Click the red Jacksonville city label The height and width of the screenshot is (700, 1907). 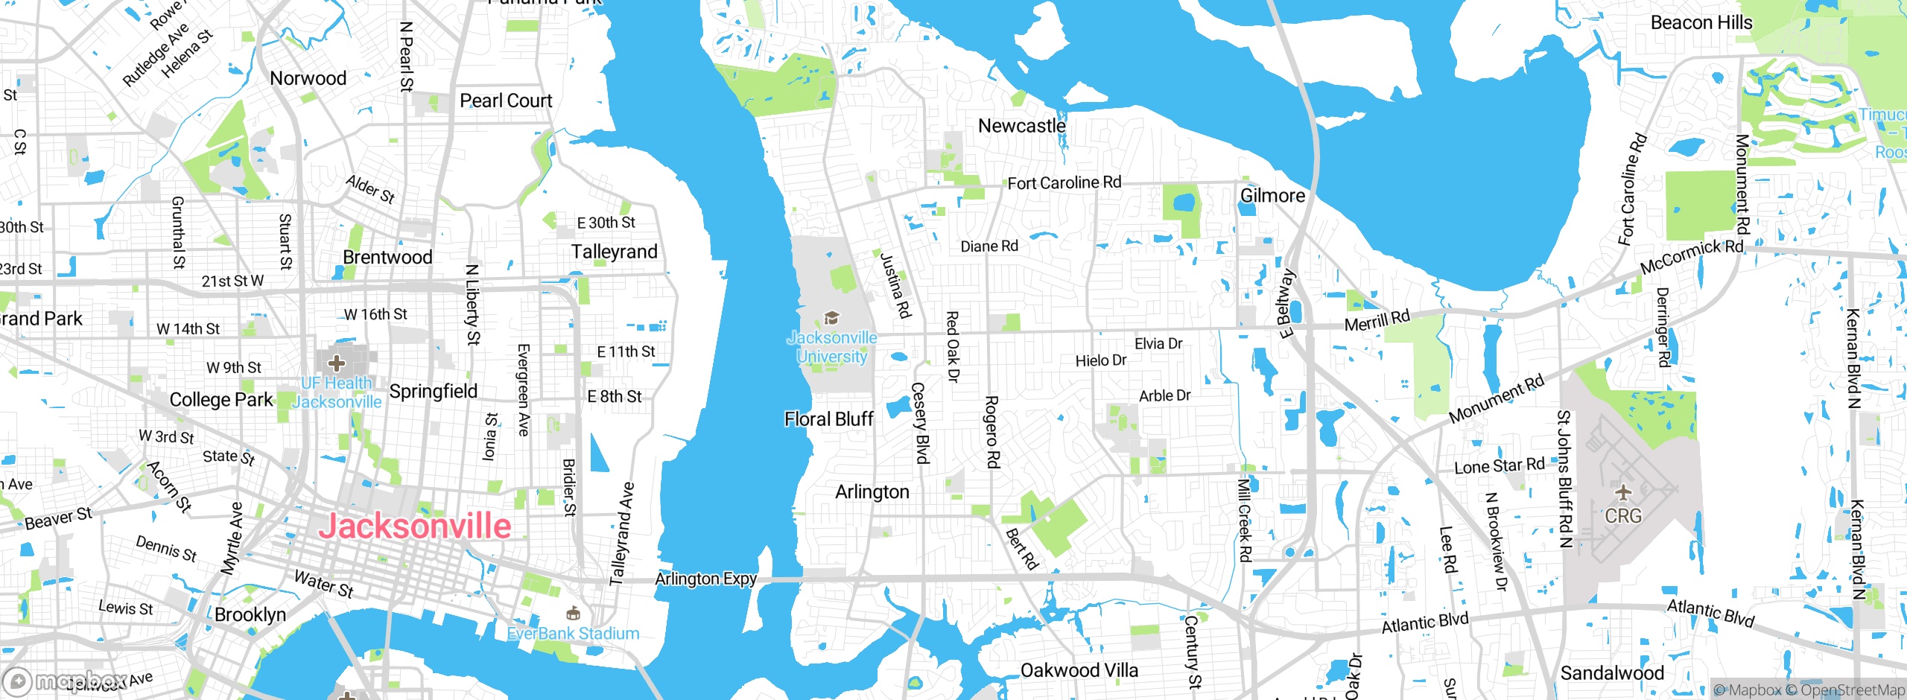tap(415, 526)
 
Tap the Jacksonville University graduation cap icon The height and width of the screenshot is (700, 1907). tap(831, 319)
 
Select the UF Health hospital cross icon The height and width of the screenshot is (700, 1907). tap(337, 363)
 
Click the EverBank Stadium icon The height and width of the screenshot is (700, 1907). tap(573, 614)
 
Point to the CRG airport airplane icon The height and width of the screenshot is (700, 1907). tap(1623, 492)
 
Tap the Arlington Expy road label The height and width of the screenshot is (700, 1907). tap(705, 579)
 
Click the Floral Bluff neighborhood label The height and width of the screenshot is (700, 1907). tap(828, 419)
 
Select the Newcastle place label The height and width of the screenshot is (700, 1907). tap(1021, 126)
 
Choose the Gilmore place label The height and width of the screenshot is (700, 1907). tap(1272, 196)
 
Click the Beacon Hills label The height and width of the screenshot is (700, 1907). tap(1701, 23)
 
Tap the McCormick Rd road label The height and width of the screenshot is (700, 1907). tap(1691, 255)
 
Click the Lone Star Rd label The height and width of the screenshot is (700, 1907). tap(1500, 466)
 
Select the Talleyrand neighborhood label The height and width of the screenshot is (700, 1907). tap(614, 252)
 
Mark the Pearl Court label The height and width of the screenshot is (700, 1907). tap(506, 101)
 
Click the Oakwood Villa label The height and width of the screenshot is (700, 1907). tap(1079, 670)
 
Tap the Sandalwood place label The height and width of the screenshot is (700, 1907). tap(1612, 673)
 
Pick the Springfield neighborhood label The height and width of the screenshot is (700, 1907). tap(433, 391)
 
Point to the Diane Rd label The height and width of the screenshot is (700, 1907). tap(989, 246)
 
